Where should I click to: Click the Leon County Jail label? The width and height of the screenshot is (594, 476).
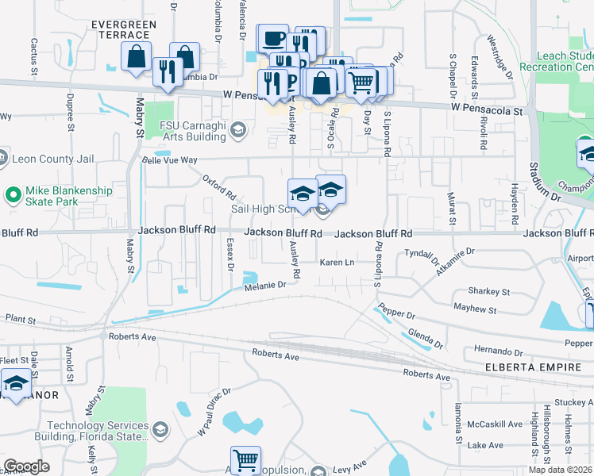[52, 157]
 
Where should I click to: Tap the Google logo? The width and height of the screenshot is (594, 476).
[26, 466]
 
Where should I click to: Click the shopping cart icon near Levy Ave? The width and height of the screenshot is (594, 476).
[245, 459]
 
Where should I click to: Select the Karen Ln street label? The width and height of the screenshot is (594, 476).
[337, 262]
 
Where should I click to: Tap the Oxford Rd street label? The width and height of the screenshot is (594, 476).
[219, 187]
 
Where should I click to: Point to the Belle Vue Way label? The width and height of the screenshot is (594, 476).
[168, 160]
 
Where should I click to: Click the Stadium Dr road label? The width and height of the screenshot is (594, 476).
[540, 187]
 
